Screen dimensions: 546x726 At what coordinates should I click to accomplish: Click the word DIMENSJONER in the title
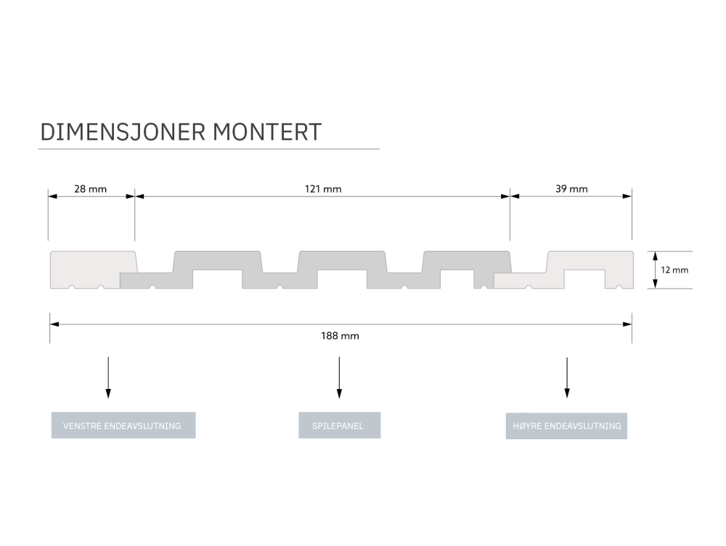[123, 132]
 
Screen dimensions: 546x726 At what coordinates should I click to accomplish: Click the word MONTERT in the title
[268, 132]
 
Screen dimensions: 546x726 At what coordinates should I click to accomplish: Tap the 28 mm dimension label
[91, 189]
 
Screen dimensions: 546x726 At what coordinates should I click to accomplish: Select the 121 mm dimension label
[322, 189]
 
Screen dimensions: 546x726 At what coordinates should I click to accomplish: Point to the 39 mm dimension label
[571, 189]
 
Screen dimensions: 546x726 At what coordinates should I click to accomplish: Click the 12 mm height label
[674, 270]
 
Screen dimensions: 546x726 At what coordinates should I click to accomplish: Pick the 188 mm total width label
[340, 336]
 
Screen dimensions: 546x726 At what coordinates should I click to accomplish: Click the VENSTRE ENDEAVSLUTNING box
[123, 425]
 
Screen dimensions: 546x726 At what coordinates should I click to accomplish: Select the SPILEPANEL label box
[339, 425]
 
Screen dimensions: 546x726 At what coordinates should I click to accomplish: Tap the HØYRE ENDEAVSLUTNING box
[566, 425]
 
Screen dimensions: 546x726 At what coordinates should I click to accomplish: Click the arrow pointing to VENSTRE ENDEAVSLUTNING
[108, 377]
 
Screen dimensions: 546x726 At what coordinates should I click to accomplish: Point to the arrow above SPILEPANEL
[339, 377]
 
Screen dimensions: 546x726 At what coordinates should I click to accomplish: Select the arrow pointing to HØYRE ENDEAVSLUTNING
[567, 377]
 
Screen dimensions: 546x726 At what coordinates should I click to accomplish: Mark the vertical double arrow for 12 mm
[655, 270]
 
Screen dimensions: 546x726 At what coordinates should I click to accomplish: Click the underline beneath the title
[208, 149]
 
